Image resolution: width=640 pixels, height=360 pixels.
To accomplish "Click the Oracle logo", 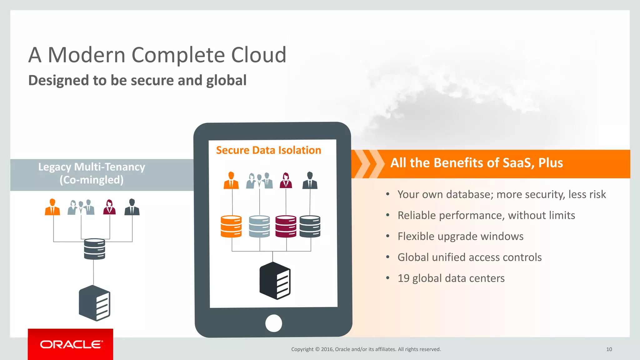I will (x=71, y=344).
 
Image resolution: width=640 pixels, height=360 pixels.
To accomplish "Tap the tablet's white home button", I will (x=273, y=323).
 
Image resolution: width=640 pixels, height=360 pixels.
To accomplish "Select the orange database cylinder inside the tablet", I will (x=231, y=226).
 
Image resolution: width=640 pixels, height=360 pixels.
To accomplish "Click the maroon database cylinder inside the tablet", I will (x=286, y=226).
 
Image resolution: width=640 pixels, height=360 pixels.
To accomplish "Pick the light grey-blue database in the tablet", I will (x=259, y=226).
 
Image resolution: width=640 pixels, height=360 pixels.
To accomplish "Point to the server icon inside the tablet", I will (x=275, y=281).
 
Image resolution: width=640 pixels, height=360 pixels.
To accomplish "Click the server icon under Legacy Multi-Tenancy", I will (x=94, y=303).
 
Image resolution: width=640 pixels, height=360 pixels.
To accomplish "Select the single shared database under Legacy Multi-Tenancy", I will (x=94, y=249).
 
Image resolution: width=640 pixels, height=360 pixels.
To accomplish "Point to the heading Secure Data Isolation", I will (x=268, y=150).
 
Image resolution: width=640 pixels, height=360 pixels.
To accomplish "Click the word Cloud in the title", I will (x=258, y=55).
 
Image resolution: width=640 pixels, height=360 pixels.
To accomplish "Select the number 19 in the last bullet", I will (x=403, y=278).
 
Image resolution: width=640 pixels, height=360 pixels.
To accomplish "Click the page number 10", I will (x=609, y=349).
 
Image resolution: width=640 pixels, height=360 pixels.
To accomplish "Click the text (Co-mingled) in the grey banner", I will (x=92, y=180).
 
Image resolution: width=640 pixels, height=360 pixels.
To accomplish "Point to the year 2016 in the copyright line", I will (x=327, y=349).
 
